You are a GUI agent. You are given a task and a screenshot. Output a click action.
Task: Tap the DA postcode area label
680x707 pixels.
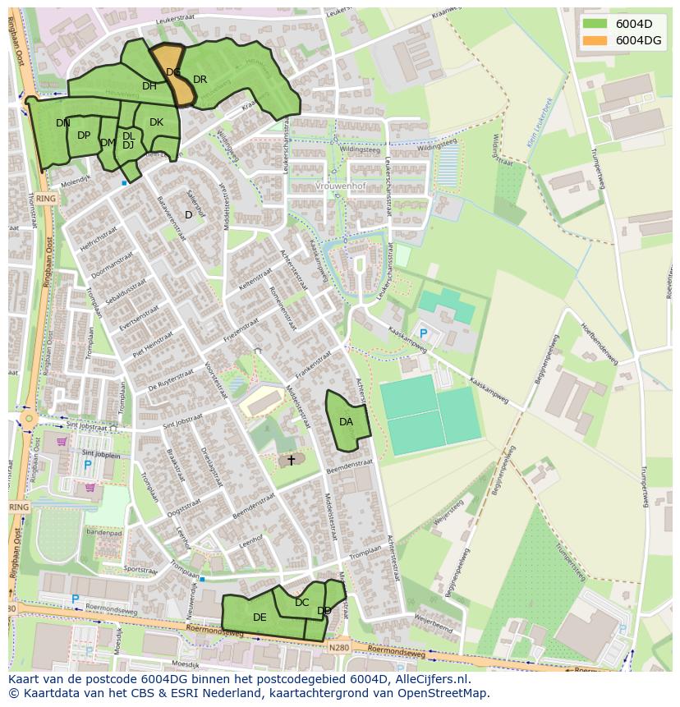point(347,422)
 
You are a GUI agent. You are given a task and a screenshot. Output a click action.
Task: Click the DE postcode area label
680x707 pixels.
point(260,617)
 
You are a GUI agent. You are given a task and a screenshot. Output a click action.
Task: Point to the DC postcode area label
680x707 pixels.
point(302,603)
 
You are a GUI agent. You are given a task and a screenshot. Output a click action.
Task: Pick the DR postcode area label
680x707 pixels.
point(200,80)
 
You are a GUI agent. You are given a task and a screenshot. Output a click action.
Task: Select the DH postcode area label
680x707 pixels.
point(149,86)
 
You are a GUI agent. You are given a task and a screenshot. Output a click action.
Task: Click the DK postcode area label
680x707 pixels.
point(156,122)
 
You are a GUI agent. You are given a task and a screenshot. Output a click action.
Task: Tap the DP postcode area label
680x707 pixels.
point(84,135)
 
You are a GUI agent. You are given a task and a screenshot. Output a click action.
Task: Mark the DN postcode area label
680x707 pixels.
point(63,123)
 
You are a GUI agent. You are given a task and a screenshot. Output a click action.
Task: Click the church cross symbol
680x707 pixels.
point(291,461)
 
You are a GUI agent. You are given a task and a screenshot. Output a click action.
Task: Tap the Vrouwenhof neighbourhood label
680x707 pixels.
point(339,186)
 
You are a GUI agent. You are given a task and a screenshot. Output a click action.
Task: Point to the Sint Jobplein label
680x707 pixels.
point(100,453)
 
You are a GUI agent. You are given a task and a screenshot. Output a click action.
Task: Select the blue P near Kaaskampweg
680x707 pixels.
point(424,333)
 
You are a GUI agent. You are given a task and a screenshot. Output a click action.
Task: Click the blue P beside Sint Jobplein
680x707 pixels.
point(88,466)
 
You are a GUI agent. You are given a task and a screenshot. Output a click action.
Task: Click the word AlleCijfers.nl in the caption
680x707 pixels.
point(429,679)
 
